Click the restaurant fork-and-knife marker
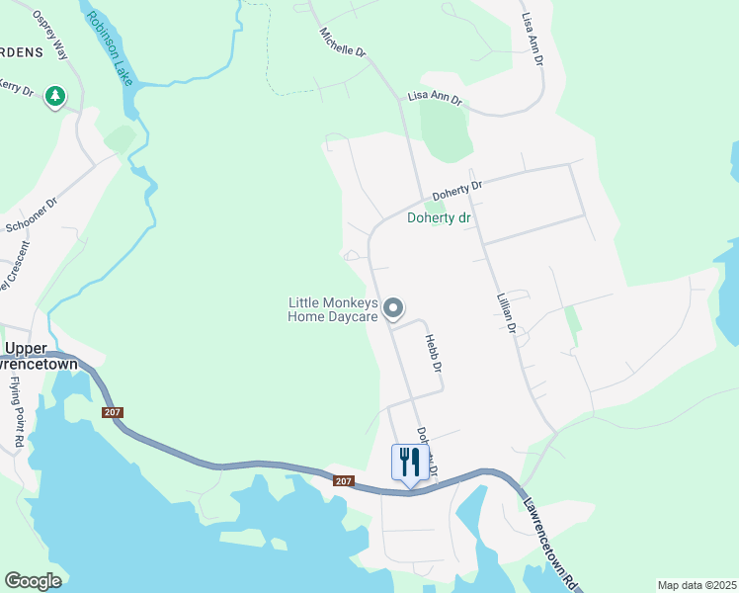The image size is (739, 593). [x=410, y=462]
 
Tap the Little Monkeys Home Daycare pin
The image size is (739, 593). [x=393, y=309]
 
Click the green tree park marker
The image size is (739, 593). [x=56, y=96]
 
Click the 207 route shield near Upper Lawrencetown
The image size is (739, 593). [x=112, y=412]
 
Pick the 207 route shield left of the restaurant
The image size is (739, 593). [x=342, y=481]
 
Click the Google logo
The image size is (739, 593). [x=33, y=581]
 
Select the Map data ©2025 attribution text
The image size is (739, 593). [x=696, y=585]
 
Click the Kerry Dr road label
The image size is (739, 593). [x=17, y=88]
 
